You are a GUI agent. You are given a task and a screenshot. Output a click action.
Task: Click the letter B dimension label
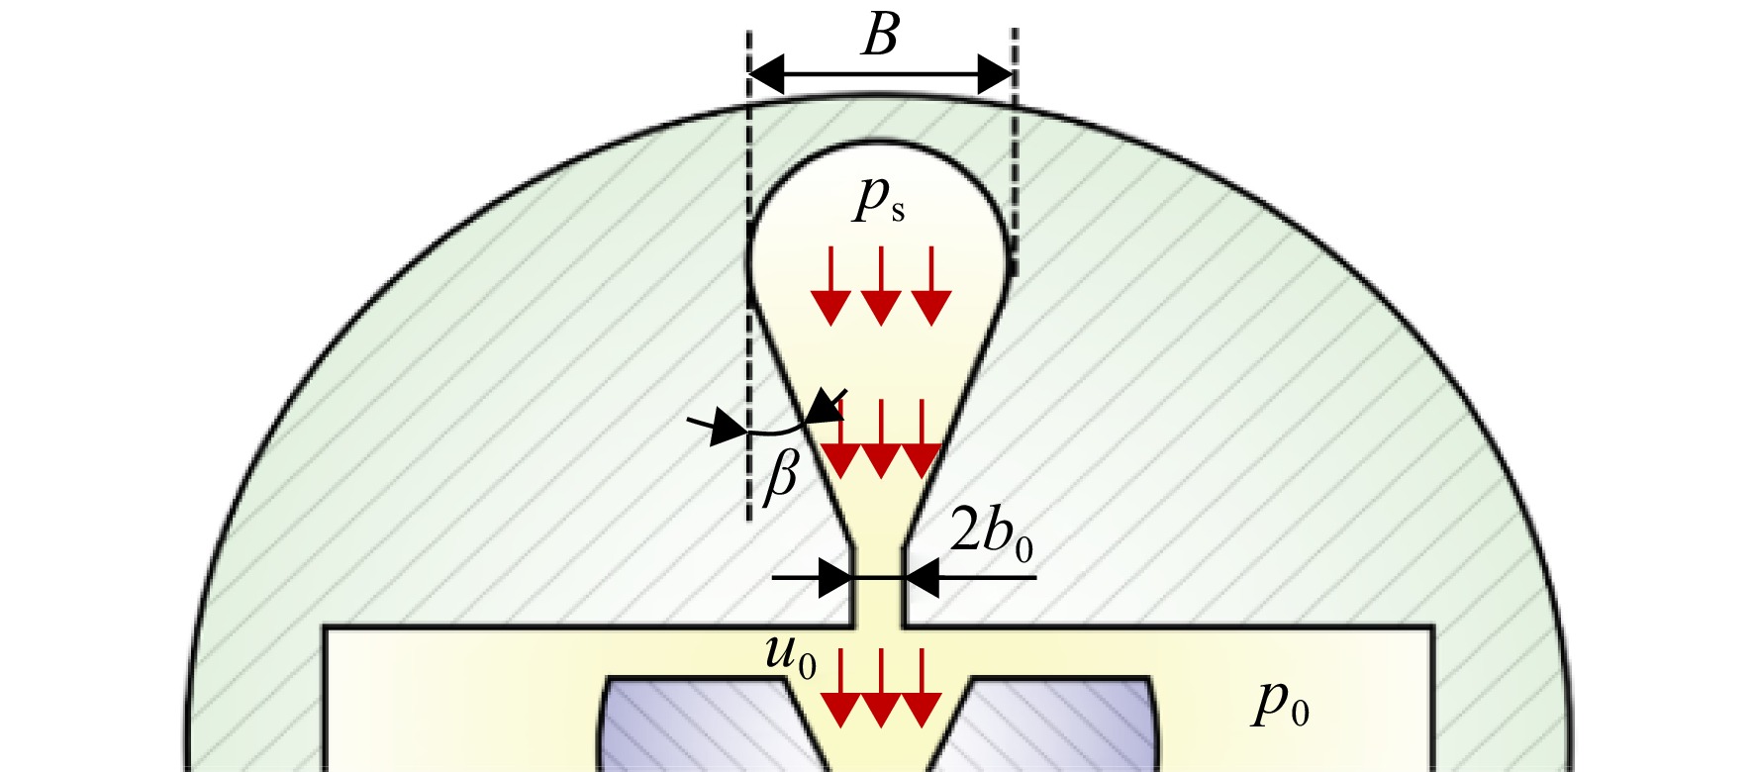pos(880,37)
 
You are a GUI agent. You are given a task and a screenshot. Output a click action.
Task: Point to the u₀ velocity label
pos(791,658)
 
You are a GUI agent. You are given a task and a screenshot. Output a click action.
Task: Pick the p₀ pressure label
pos(1282,704)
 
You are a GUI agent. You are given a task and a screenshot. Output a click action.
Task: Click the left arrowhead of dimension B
pos(766,74)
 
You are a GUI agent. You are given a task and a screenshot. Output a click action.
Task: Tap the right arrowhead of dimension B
pos(996,74)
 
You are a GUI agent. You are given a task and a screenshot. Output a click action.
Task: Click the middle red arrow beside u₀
pos(881,688)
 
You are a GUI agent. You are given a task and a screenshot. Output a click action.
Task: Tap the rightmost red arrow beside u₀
pos(921,688)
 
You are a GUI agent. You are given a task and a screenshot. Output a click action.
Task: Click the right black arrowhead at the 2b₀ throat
pos(921,577)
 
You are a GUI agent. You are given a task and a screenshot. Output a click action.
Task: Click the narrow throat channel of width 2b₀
pos(878,584)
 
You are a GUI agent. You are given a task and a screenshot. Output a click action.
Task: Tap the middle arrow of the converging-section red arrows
pos(881,439)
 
